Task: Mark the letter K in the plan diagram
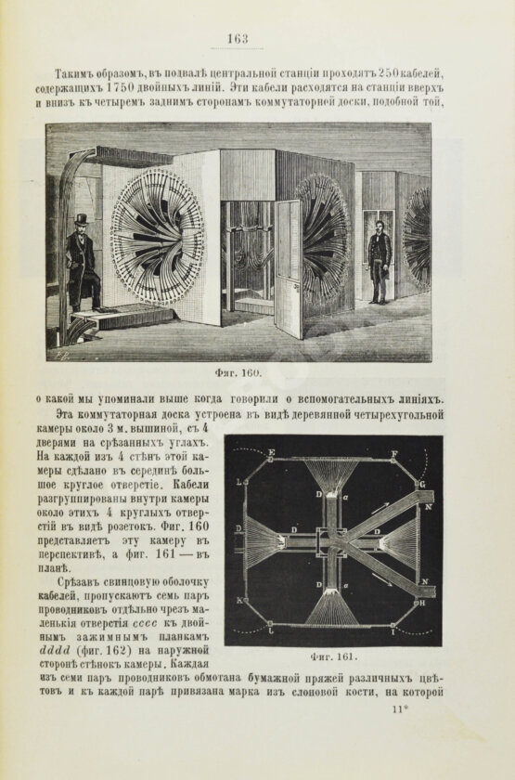click(x=241, y=603)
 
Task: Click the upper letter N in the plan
click(x=427, y=508)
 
